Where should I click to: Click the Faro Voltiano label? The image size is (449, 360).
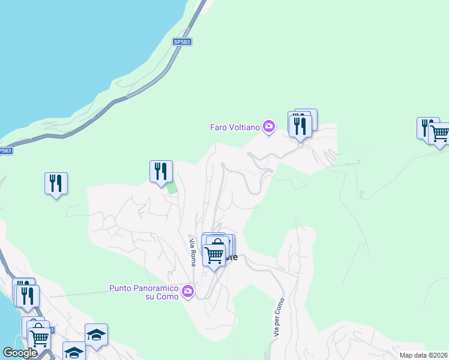[x=235, y=127]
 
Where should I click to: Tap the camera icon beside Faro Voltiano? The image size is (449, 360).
[x=269, y=127]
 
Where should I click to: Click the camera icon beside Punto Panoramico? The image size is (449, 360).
[x=188, y=292]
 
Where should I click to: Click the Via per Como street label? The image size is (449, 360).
[x=278, y=317]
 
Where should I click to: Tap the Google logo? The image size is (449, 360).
[x=20, y=353]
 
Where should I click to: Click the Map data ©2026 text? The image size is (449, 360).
[x=424, y=355]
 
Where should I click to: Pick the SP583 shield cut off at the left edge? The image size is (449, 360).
[x=5, y=151]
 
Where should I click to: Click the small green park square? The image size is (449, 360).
[x=172, y=188]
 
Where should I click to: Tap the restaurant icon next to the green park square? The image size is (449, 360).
[x=161, y=171]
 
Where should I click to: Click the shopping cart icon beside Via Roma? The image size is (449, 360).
[x=214, y=254]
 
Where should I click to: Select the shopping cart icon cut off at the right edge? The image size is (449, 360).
[x=439, y=133]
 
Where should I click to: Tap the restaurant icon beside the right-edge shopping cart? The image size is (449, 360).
[x=426, y=127]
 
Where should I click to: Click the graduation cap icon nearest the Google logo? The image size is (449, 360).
[x=74, y=352]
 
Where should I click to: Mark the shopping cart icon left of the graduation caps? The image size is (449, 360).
[x=39, y=337]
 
